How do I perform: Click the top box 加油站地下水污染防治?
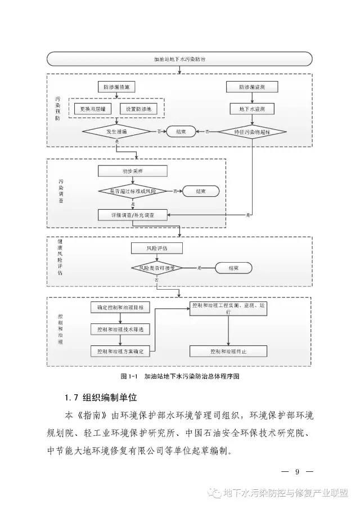pos(179,58)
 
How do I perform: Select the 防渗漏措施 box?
pos(116,87)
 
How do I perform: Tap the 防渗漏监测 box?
pos(251,87)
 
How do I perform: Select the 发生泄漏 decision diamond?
pos(116,132)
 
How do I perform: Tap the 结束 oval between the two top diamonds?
pos(181,132)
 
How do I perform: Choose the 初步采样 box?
pos(133,171)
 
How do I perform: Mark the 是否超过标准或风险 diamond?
pos(133,192)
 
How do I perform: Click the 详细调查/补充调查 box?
pos(133,215)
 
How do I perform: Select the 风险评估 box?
pos(157,248)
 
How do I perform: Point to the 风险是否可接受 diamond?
pos(157,268)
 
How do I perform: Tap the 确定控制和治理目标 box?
pos(120,308)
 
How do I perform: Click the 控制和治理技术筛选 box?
pos(120,329)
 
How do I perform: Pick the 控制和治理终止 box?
pos(228,352)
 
